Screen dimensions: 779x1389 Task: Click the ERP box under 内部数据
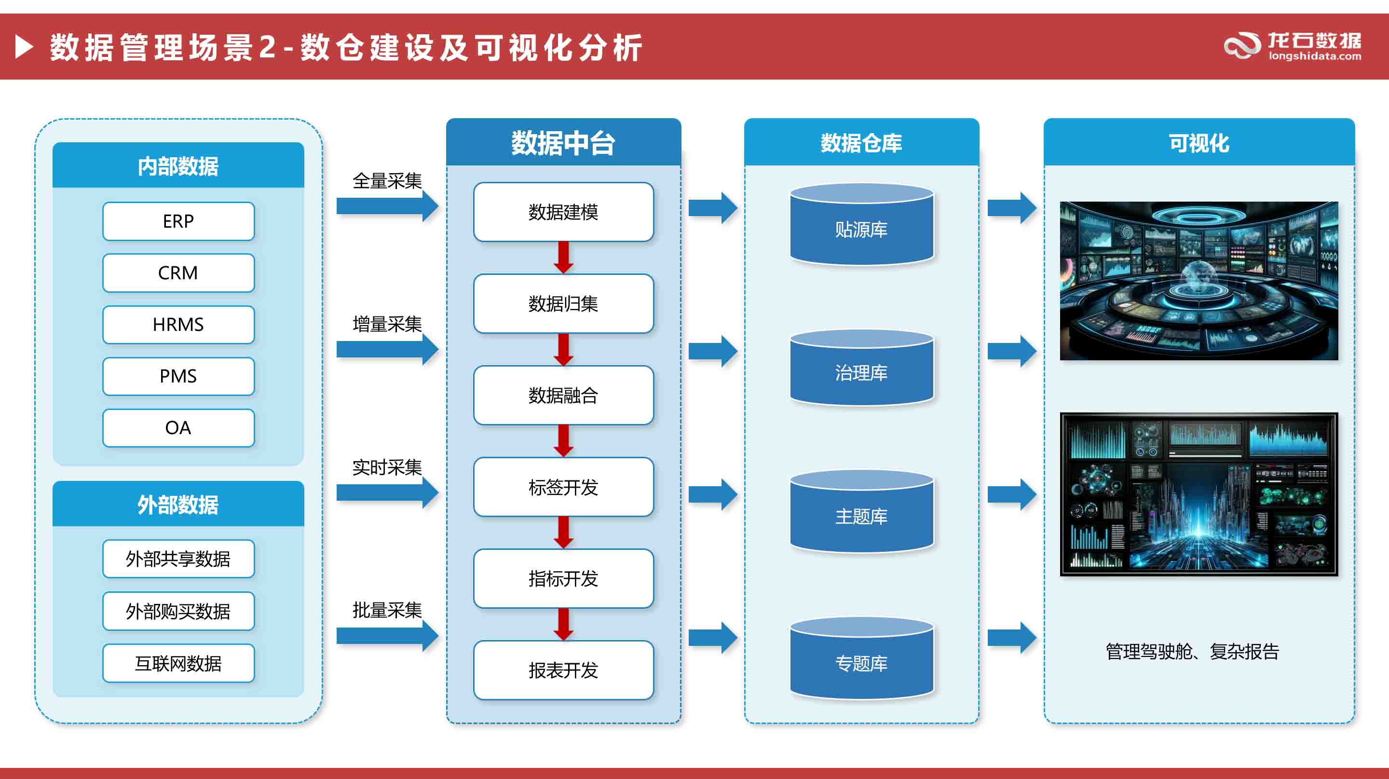click(178, 221)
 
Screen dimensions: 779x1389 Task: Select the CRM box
click(178, 273)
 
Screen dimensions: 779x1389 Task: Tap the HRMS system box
click(178, 325)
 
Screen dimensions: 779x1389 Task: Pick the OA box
click(178, 428)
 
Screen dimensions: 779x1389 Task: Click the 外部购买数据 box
click(178, 611)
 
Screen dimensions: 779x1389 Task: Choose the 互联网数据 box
click(178, 663)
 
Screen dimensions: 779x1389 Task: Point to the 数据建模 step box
click(563, 212)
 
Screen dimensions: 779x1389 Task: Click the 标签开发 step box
click(563, 487)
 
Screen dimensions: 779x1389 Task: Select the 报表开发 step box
click(563, 670)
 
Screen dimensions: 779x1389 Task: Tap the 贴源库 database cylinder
click(861, 226)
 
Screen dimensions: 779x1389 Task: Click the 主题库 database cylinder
click(861, 513)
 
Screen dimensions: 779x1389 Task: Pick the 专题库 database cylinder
click(861, 660)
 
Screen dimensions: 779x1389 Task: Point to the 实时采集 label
click(387, 467)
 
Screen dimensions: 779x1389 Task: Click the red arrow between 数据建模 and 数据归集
click(563, 258)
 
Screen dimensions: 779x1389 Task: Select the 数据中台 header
click(563, 143)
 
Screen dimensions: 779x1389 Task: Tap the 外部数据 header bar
click(178, 504)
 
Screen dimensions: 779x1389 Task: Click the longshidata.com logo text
click(1315, 56)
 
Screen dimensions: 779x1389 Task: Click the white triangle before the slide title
click(24, 47)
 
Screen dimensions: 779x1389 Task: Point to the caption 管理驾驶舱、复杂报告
click(1192, 651)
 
